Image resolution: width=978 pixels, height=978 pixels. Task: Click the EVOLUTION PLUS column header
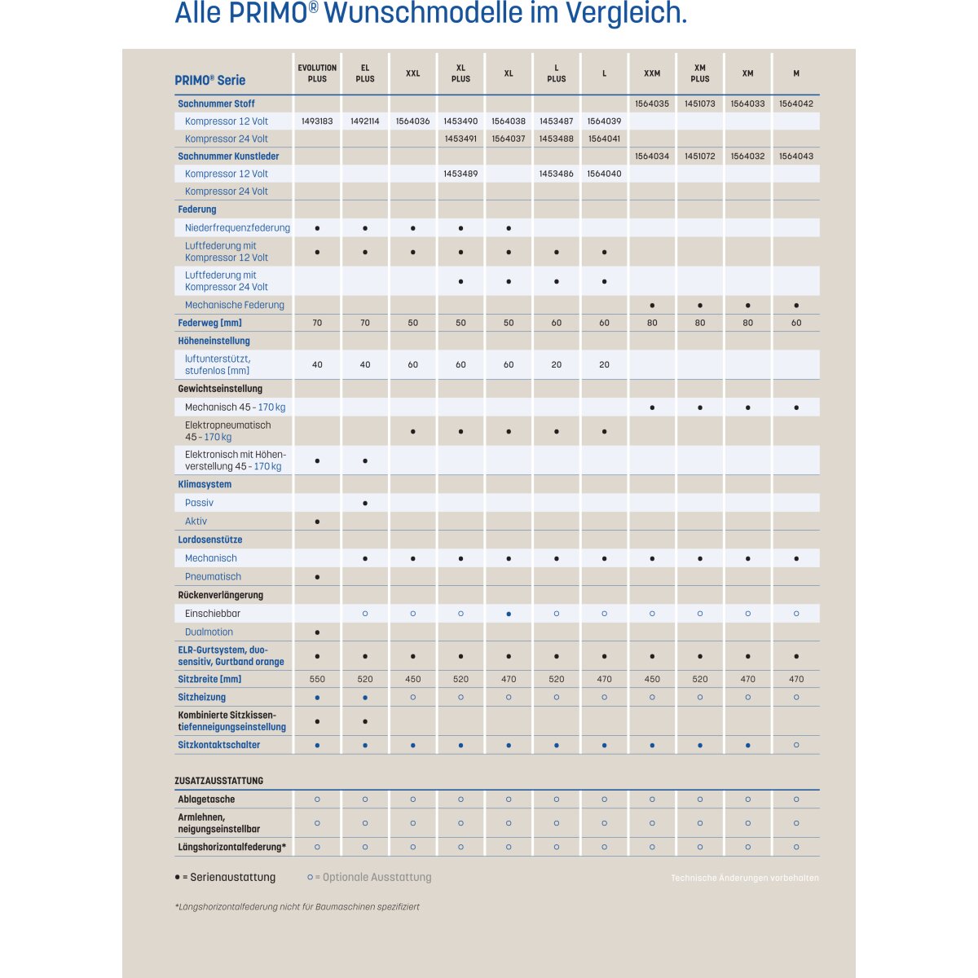[317, 73]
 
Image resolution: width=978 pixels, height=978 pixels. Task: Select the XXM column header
[652, 73]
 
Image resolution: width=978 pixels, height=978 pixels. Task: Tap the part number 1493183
[317, 121]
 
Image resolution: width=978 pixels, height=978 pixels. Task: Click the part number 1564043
[795, 156]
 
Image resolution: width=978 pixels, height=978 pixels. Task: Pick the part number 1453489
[460, 174]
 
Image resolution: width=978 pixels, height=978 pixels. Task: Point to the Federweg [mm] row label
[209, 323]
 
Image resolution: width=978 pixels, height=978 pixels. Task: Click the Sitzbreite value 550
[317, 679]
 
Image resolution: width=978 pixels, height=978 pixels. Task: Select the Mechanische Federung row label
[235, 305]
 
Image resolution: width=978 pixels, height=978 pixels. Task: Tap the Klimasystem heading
[205, 484]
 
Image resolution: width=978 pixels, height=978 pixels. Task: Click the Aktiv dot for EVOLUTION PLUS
[317, 522]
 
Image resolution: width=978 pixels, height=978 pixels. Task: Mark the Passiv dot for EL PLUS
[365, 503]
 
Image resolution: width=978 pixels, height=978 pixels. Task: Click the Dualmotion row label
[209, 632]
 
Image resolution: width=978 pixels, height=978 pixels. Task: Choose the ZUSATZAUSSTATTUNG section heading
[218, 781]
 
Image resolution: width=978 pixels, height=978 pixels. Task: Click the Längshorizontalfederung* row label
[231, 848]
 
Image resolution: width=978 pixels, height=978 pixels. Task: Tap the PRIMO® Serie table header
[209, 80]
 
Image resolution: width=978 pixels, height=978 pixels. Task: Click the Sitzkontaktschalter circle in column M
[796, 745]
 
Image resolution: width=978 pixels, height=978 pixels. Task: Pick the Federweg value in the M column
[796, 323]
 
